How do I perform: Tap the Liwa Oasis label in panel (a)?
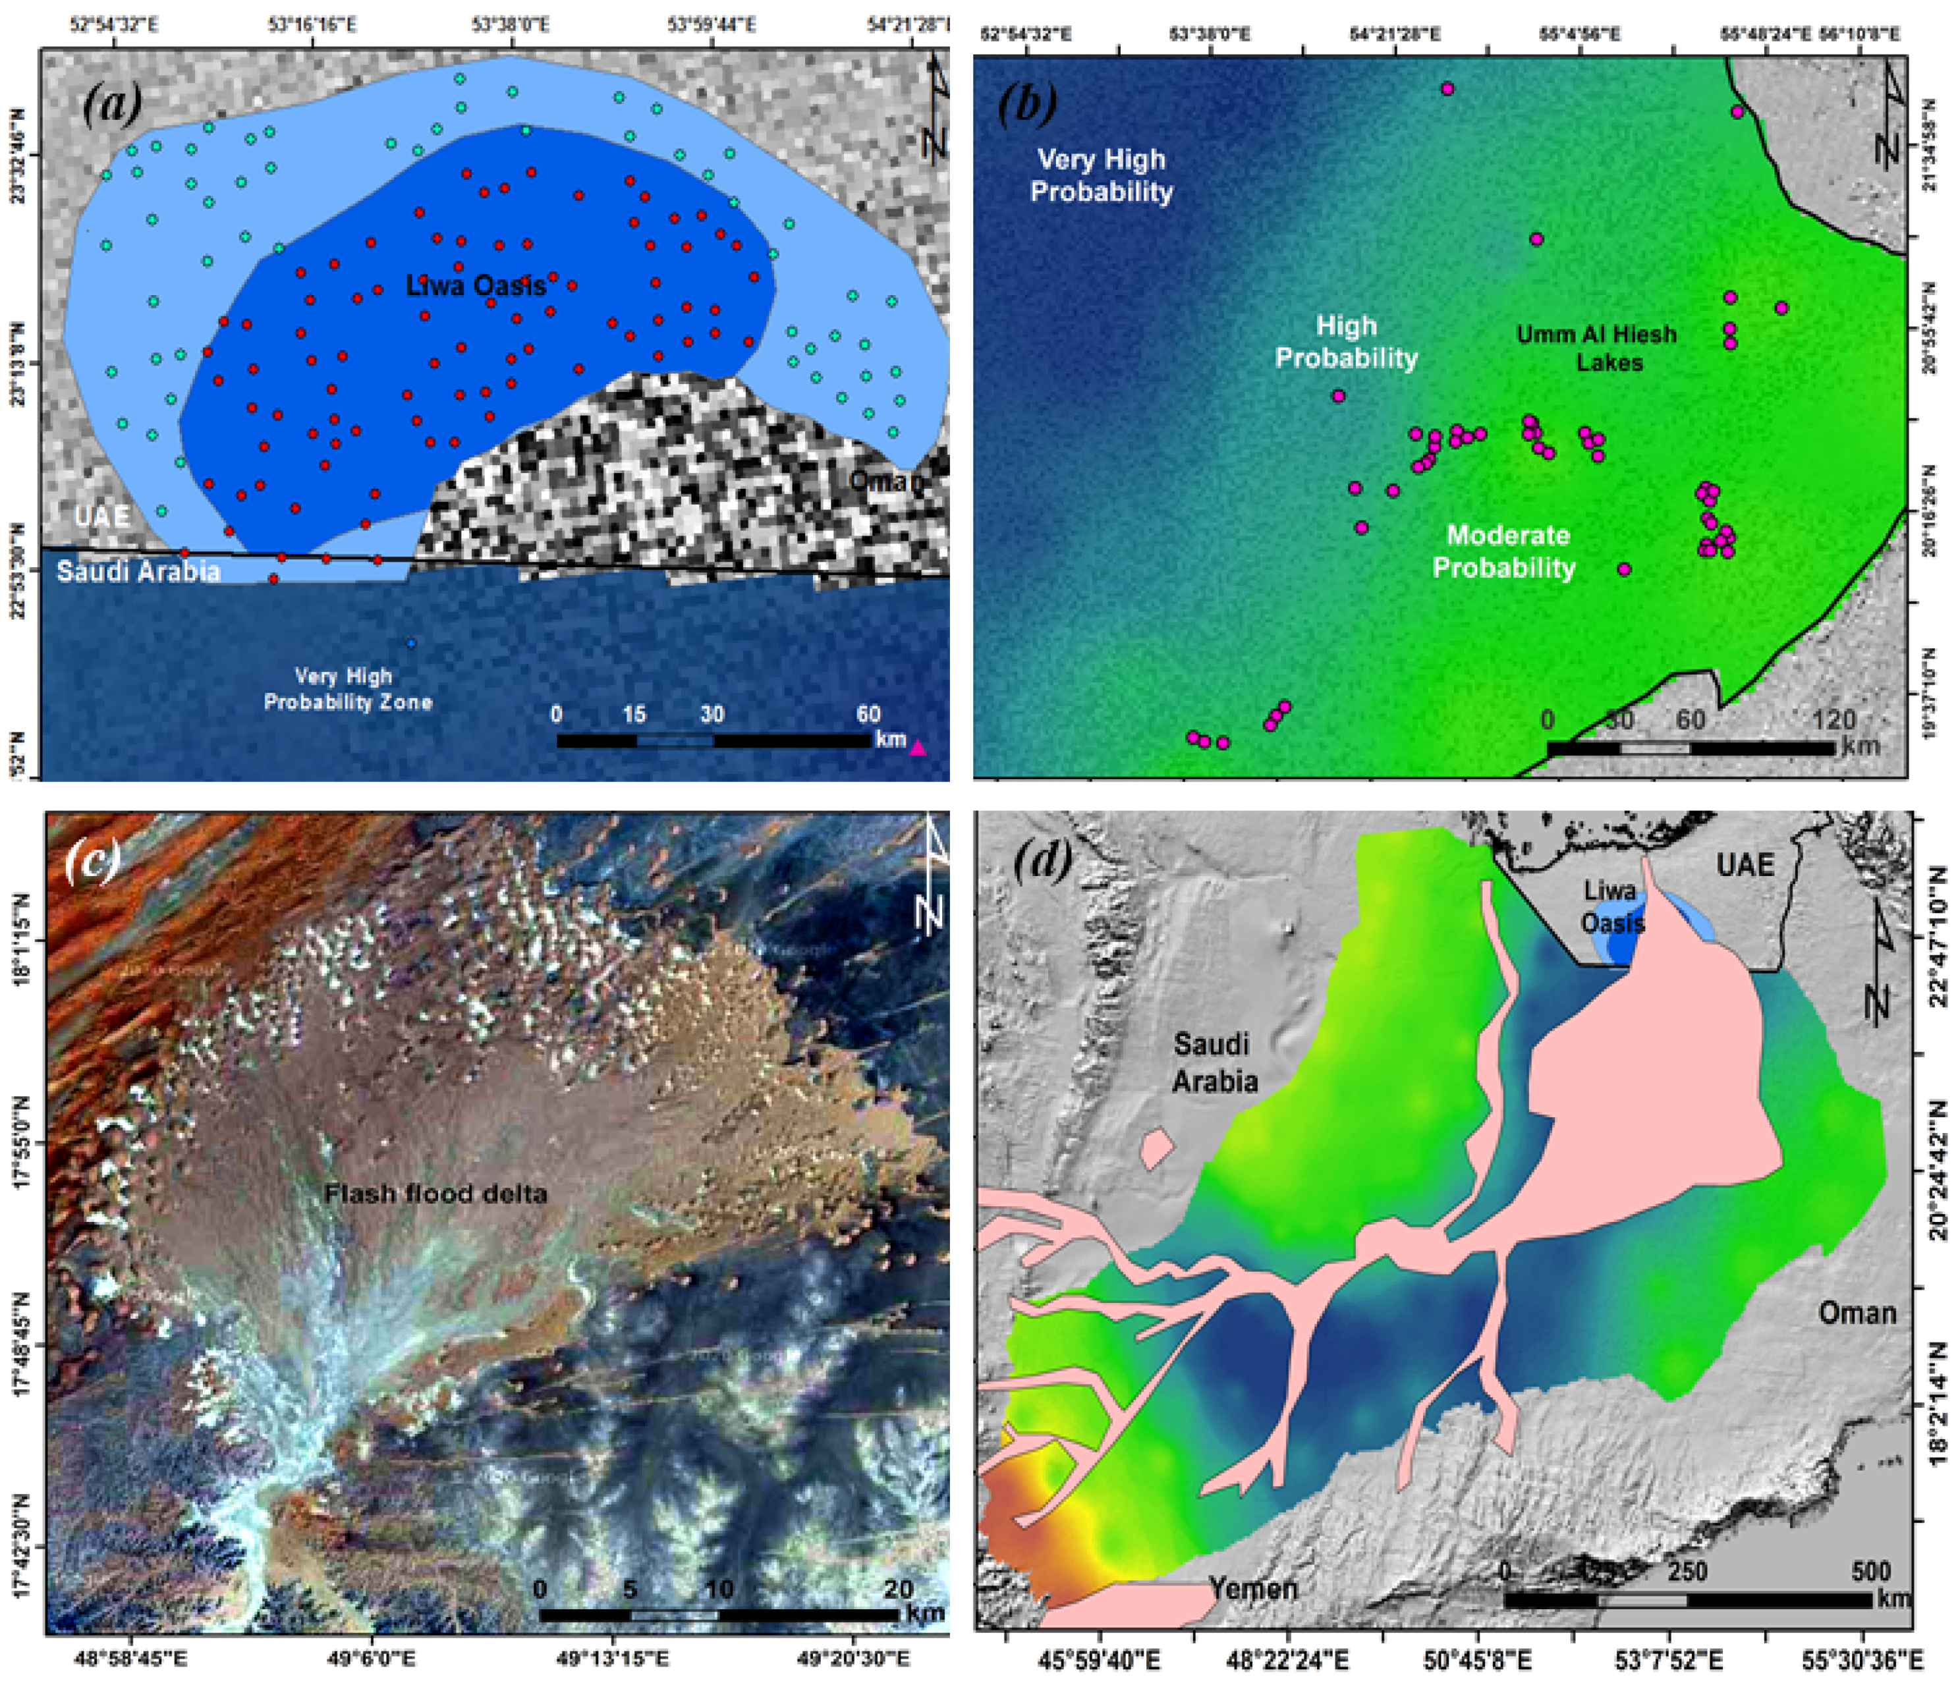[475, 285]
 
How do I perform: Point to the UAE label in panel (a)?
[102, 517]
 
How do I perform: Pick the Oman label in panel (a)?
[885, 481]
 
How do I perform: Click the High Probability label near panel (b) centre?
[1346, 341]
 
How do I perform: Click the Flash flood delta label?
[435, 1194]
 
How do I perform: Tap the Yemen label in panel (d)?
[1253, 1587]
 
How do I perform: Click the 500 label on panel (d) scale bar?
[1870, 1572]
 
